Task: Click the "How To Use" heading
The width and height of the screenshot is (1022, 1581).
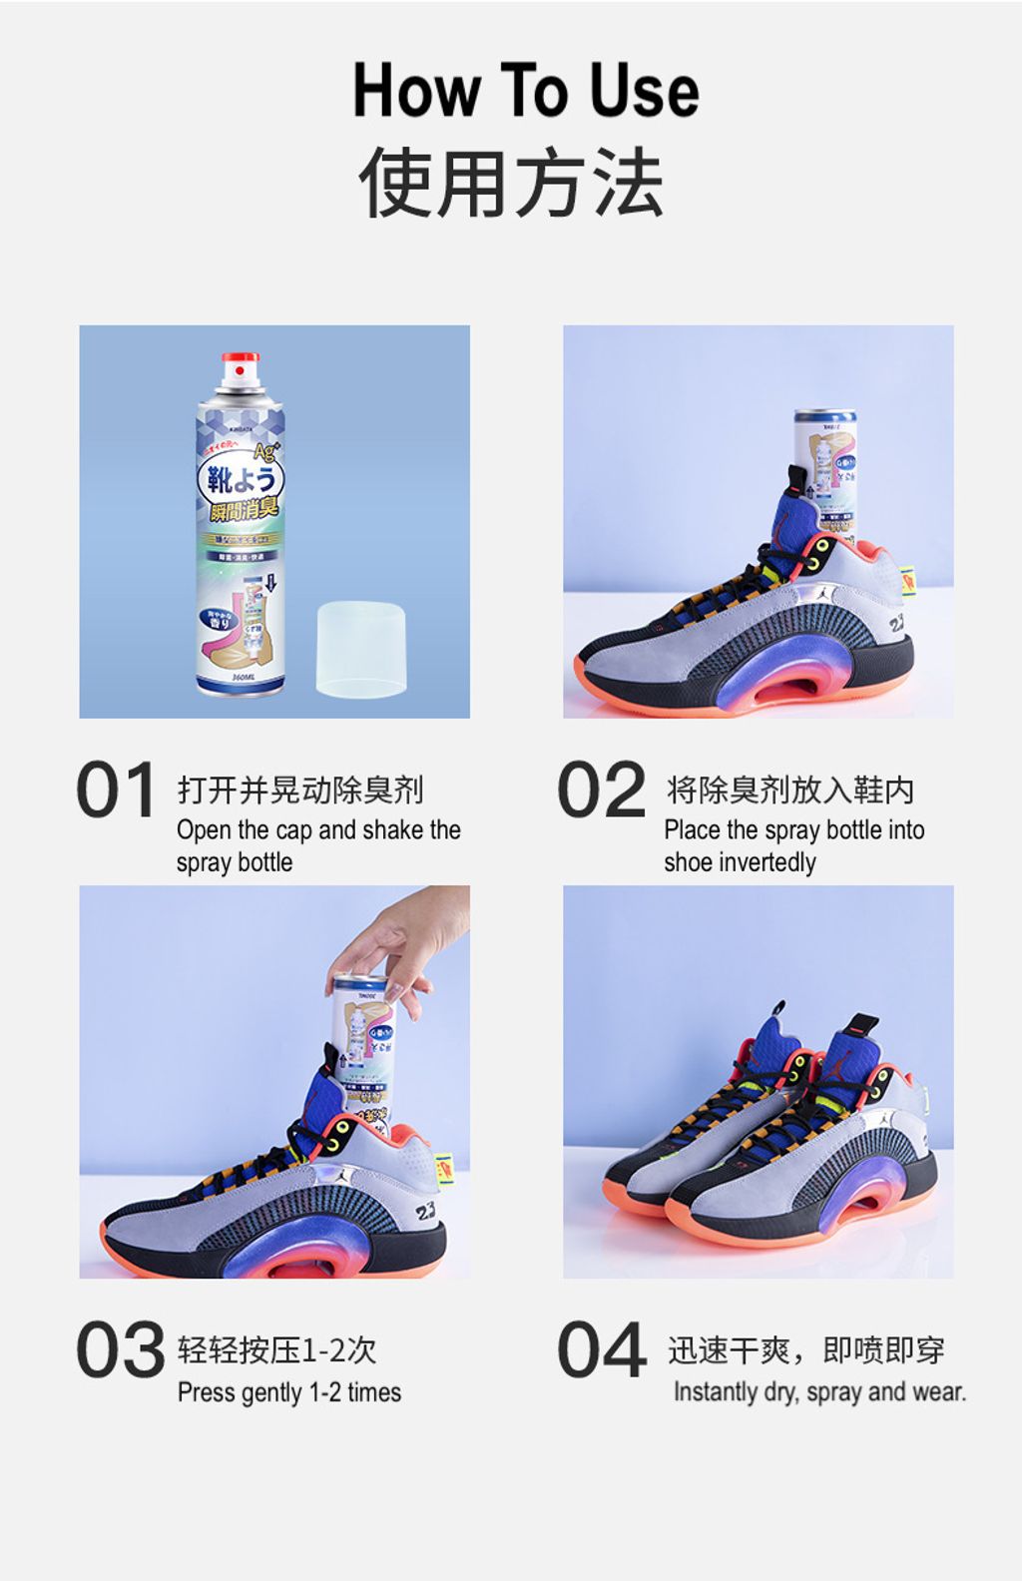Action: pos(526,91)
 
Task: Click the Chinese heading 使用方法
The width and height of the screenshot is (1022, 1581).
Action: pos(511,183)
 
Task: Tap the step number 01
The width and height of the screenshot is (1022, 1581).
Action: pos(116,790)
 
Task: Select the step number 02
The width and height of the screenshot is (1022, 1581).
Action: pos(601,790)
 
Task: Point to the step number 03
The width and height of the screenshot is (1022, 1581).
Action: pos(120,1349)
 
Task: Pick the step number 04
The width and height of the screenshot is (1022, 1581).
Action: pos(602,1349)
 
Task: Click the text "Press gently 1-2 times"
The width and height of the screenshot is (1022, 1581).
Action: pos(289,1392)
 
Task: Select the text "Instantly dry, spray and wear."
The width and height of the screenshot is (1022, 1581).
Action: pos(819,1391)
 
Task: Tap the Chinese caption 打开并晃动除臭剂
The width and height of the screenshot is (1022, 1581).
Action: pos(300,790)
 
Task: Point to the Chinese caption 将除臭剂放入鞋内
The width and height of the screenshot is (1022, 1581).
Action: pos(789,790)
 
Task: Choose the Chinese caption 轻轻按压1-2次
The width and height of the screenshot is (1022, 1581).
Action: pos(276,1349)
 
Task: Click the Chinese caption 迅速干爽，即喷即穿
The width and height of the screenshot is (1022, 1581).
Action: pos(805,1350)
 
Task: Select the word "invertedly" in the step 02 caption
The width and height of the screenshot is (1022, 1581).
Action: pos(766,862)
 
